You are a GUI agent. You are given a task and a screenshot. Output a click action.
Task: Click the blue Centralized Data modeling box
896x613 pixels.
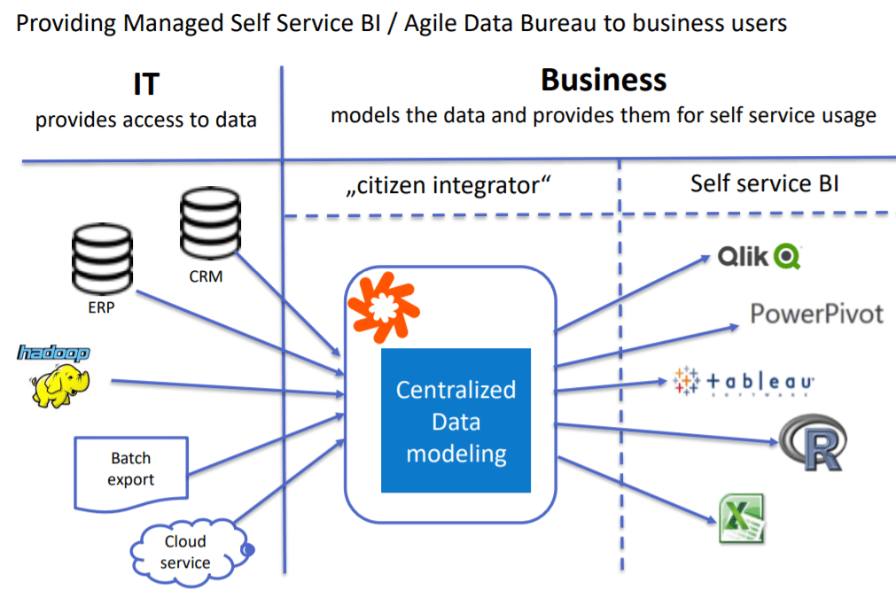(x=456, y=421)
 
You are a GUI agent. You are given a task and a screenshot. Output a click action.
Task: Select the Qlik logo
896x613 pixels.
(x=760, y=257)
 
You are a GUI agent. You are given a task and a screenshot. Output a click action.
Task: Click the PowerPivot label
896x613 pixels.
(x=816, y=314)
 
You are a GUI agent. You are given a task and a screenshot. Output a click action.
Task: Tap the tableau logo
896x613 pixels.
(x=744, y=381)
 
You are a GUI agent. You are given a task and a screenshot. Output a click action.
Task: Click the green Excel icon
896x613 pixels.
(x=741, y=519)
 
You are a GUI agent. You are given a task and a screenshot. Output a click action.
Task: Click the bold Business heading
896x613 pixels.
(x=604, y=81)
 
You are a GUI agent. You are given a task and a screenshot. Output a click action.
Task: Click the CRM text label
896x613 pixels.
(x=206, y=276)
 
